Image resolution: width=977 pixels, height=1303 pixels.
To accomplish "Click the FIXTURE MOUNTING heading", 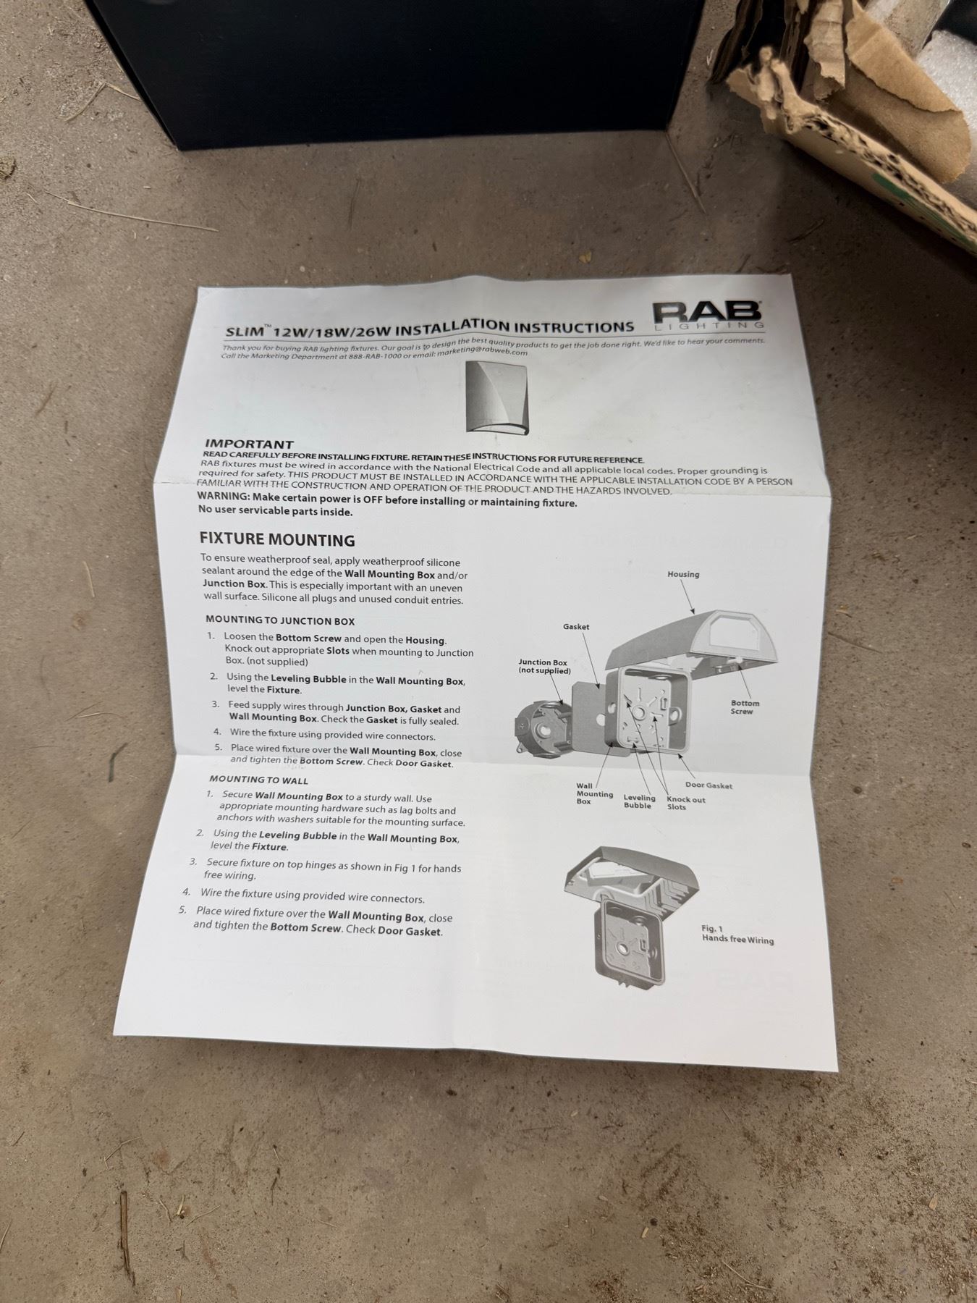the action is [277, 540].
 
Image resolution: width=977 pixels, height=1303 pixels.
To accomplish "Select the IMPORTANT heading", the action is [249, 444].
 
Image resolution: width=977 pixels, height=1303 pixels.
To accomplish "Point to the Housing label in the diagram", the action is [683, 574].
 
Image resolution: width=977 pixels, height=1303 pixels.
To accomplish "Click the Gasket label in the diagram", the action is [576, 626].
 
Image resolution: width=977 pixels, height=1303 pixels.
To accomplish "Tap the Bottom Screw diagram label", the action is [745, 707].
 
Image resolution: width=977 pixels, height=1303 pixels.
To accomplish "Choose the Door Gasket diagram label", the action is [709, 785].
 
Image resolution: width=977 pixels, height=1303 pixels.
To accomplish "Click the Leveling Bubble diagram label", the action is [639, 801].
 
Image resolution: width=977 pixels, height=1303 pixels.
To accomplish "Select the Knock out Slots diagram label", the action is [685, 804].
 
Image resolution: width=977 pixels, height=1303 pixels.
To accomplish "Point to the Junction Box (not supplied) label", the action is [544, 667].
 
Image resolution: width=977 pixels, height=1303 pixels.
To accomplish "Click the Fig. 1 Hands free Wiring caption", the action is [737, 935].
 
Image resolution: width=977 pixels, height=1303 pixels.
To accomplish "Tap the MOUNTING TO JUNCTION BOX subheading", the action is [280, 620].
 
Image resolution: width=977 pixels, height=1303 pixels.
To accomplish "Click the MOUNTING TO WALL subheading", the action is [258, 780].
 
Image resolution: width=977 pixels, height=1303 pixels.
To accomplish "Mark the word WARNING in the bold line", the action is [223, 497].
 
